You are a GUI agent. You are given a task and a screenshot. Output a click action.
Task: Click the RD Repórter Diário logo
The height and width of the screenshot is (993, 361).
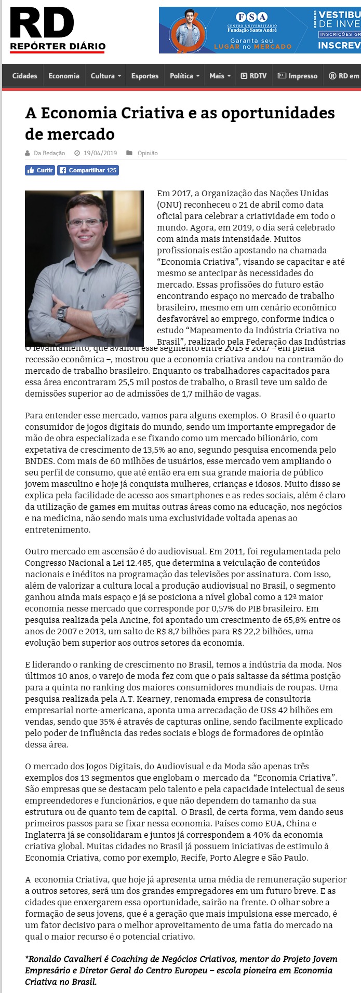tap(57, 30)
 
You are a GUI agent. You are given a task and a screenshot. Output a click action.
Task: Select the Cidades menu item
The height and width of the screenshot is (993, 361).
tap(24, 76)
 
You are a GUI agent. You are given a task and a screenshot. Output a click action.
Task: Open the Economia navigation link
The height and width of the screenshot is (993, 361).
tap(64, 76)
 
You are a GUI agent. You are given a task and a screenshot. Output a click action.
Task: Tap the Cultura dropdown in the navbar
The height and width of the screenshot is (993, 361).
tap(105, 76)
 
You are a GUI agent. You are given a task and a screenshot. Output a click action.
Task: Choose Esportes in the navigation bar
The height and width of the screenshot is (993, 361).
tap(145, 76)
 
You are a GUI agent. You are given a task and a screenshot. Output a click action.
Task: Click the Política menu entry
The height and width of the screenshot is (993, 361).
tap(184, 76)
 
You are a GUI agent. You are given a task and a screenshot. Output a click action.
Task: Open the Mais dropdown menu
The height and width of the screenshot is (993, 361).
tap(219, 76)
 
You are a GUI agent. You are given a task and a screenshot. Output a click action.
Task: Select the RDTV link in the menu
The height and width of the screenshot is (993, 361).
tap(253, 76)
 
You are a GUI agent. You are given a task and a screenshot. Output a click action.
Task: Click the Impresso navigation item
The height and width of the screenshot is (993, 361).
tap(298, 76)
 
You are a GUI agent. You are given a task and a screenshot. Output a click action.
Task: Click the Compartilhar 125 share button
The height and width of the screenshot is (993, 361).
tap(88, 170)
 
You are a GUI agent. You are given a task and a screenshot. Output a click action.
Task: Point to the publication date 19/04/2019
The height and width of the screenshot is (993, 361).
tap(100, 153)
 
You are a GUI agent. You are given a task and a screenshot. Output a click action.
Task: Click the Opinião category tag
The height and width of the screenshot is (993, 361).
tap(148, 153)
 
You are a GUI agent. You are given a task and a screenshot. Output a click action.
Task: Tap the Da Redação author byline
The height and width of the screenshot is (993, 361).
tap(49, 153)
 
